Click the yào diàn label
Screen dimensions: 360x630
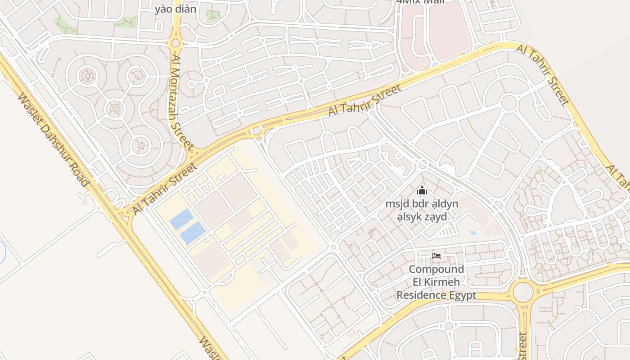(175, 9)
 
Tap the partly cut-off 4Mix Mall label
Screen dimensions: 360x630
(420, 2)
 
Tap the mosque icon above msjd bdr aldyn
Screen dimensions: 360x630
(422, 191)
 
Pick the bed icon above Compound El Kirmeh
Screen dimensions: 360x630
(436, 256)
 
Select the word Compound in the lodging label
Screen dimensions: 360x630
(436, 269)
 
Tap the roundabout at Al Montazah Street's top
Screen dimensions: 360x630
(175, 43)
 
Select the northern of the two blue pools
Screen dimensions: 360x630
(182, 219)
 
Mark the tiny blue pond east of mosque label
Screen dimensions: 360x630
(472, 233)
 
